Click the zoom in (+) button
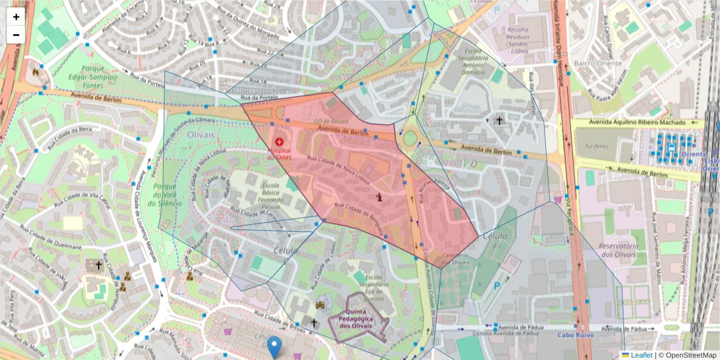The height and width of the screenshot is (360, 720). tap(16, 17)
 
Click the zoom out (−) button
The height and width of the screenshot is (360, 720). tap(16, 34)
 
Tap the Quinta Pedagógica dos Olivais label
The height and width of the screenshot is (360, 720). tap(360, 319)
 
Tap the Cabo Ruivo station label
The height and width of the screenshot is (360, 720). tap(575, 335)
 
